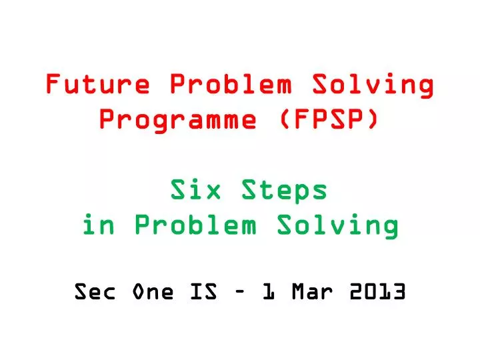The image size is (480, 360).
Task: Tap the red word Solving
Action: point(373,85)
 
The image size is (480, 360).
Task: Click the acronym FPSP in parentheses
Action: point(326,121)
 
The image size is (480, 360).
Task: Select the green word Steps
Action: point(285,191)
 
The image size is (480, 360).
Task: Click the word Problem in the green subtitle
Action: point(195,226)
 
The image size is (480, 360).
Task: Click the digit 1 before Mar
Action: point(268,292)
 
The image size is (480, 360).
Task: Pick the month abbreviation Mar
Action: point(311,292)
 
